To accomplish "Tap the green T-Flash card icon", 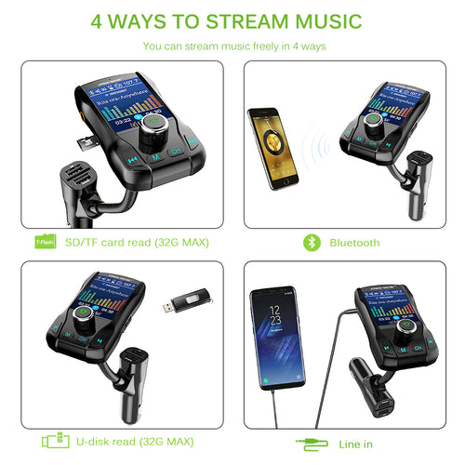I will (x=43, y=243).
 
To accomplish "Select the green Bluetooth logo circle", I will (x=312, y=243).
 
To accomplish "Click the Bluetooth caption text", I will (x=353, y=243).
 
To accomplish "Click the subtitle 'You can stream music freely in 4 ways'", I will (x=232, y=45).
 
